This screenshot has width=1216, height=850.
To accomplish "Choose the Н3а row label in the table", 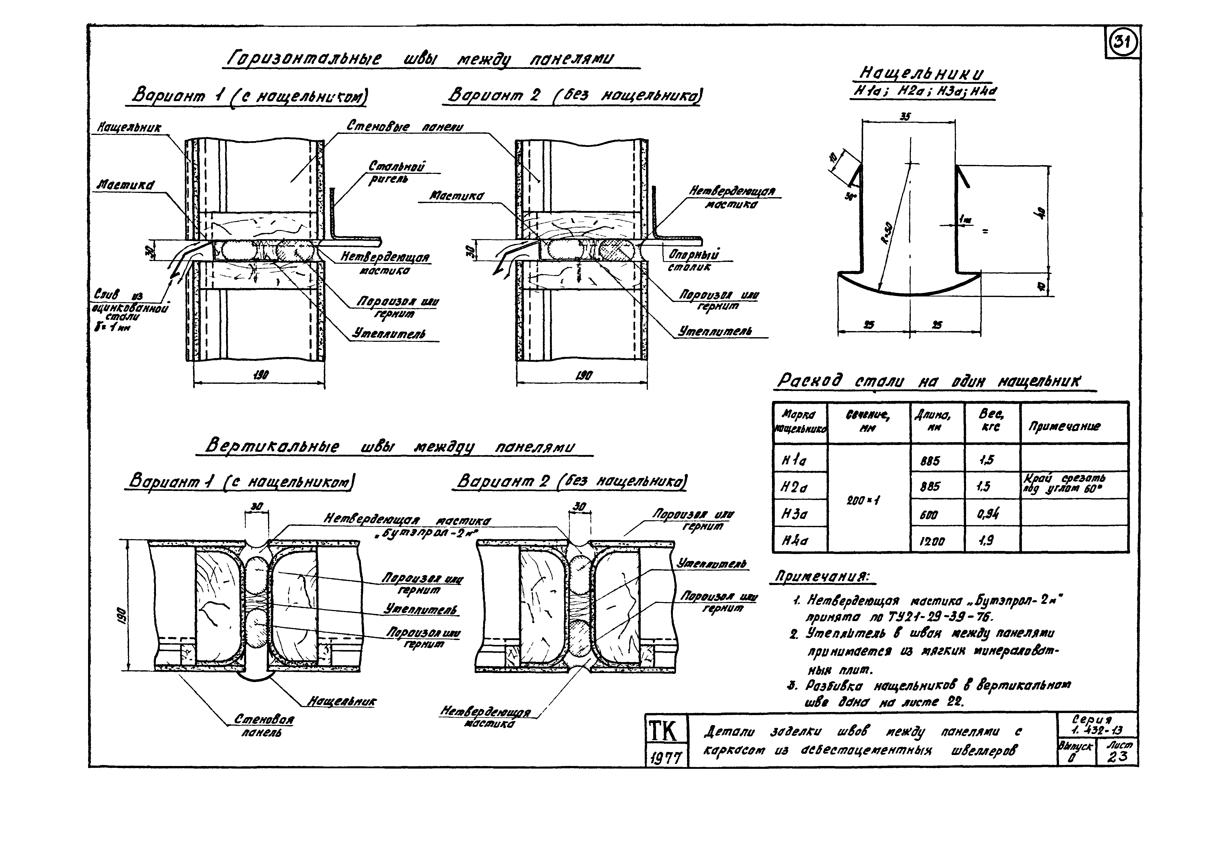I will [x=795, y=514].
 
